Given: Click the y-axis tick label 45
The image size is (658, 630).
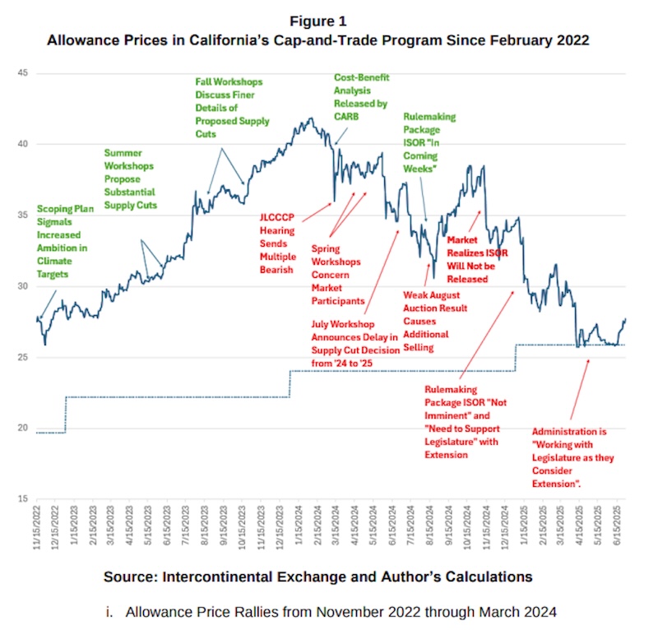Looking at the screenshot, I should [x=23, y=73].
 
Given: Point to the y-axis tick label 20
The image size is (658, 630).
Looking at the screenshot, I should [x=23, y=428].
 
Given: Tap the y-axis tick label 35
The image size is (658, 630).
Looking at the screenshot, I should [x=23, y=215].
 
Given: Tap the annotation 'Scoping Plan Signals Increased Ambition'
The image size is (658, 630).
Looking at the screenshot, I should [x=65, y=242].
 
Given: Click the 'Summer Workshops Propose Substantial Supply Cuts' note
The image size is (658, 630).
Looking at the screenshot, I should [x=131, y=178].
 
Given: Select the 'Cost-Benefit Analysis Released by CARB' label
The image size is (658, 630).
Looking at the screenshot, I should [x=360, y=97].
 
